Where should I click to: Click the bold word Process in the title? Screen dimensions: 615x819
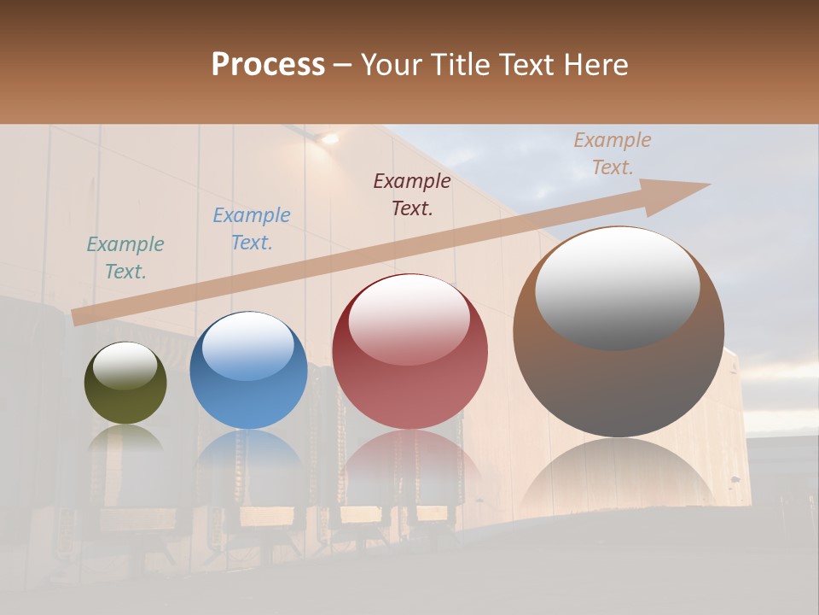[268, 65]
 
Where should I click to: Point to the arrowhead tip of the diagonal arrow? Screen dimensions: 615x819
[708, 184]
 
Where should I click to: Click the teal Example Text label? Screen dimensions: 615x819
[125, 258]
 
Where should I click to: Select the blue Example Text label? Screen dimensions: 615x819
[252, 229]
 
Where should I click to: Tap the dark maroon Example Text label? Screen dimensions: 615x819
[412, 194]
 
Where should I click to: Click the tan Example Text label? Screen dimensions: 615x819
[613, 154]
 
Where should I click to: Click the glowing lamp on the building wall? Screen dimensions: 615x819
[326, 138]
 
